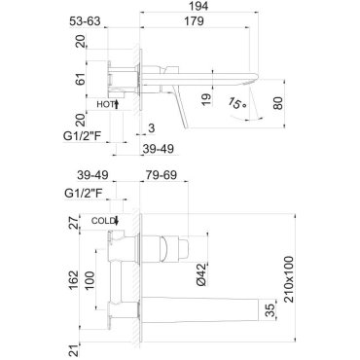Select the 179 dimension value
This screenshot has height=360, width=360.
click(x=194, y=21)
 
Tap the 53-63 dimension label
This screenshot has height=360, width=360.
click(x=85, y=21)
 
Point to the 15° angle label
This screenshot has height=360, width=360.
click(x=236, y=103)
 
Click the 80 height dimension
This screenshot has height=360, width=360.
click(x=278, y=103)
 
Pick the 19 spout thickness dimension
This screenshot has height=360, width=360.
click(x=206, y=99)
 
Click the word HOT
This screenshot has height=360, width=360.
click(x=105, y=104)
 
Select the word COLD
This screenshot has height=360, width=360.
click(x=103, y=221)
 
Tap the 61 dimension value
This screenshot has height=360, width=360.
click(x=81, y=79)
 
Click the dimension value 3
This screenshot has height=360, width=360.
click(x=151, y=128)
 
